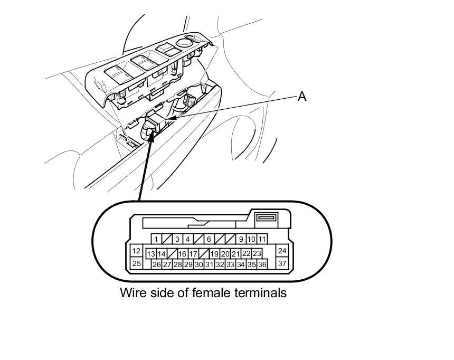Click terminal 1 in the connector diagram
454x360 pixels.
pyautogui.click(x=156, y=239)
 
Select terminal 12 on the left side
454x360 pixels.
pyautogui.click(x=136, y=251)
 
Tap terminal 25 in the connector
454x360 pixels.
pyautogui.click(x=136, y=263)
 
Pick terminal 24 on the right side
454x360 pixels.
pyautogui.click(x=282, y=251)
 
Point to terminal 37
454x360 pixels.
pyautogui.click(x=282, y=263)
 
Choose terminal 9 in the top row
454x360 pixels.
pyautogui.click(x=241, y=239)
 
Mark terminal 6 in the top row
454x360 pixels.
pyautogui.click(x=209, y=239)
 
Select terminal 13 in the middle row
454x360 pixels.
pyautogui.click(x=151, y=254)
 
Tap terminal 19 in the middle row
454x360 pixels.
pyautogui.click(x=214, y=254)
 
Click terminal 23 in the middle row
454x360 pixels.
pyautogui.click(x=257, y=254)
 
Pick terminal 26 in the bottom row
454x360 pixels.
pyautogui.click(x=156, y=264)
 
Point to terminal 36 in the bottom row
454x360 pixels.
pyautogui.click(x=262, y=264)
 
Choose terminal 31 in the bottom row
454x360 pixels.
pyautogui.click(x=209, y=264)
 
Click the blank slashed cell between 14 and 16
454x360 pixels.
pyautogui.click(x=172, y=254)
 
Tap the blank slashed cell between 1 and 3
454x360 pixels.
pyautogui.click(x=167, y=239)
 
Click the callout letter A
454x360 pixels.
pyautogui.click(x=302, y=97)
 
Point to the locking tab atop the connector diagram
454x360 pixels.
pyautogui.click(x=265, y=217)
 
